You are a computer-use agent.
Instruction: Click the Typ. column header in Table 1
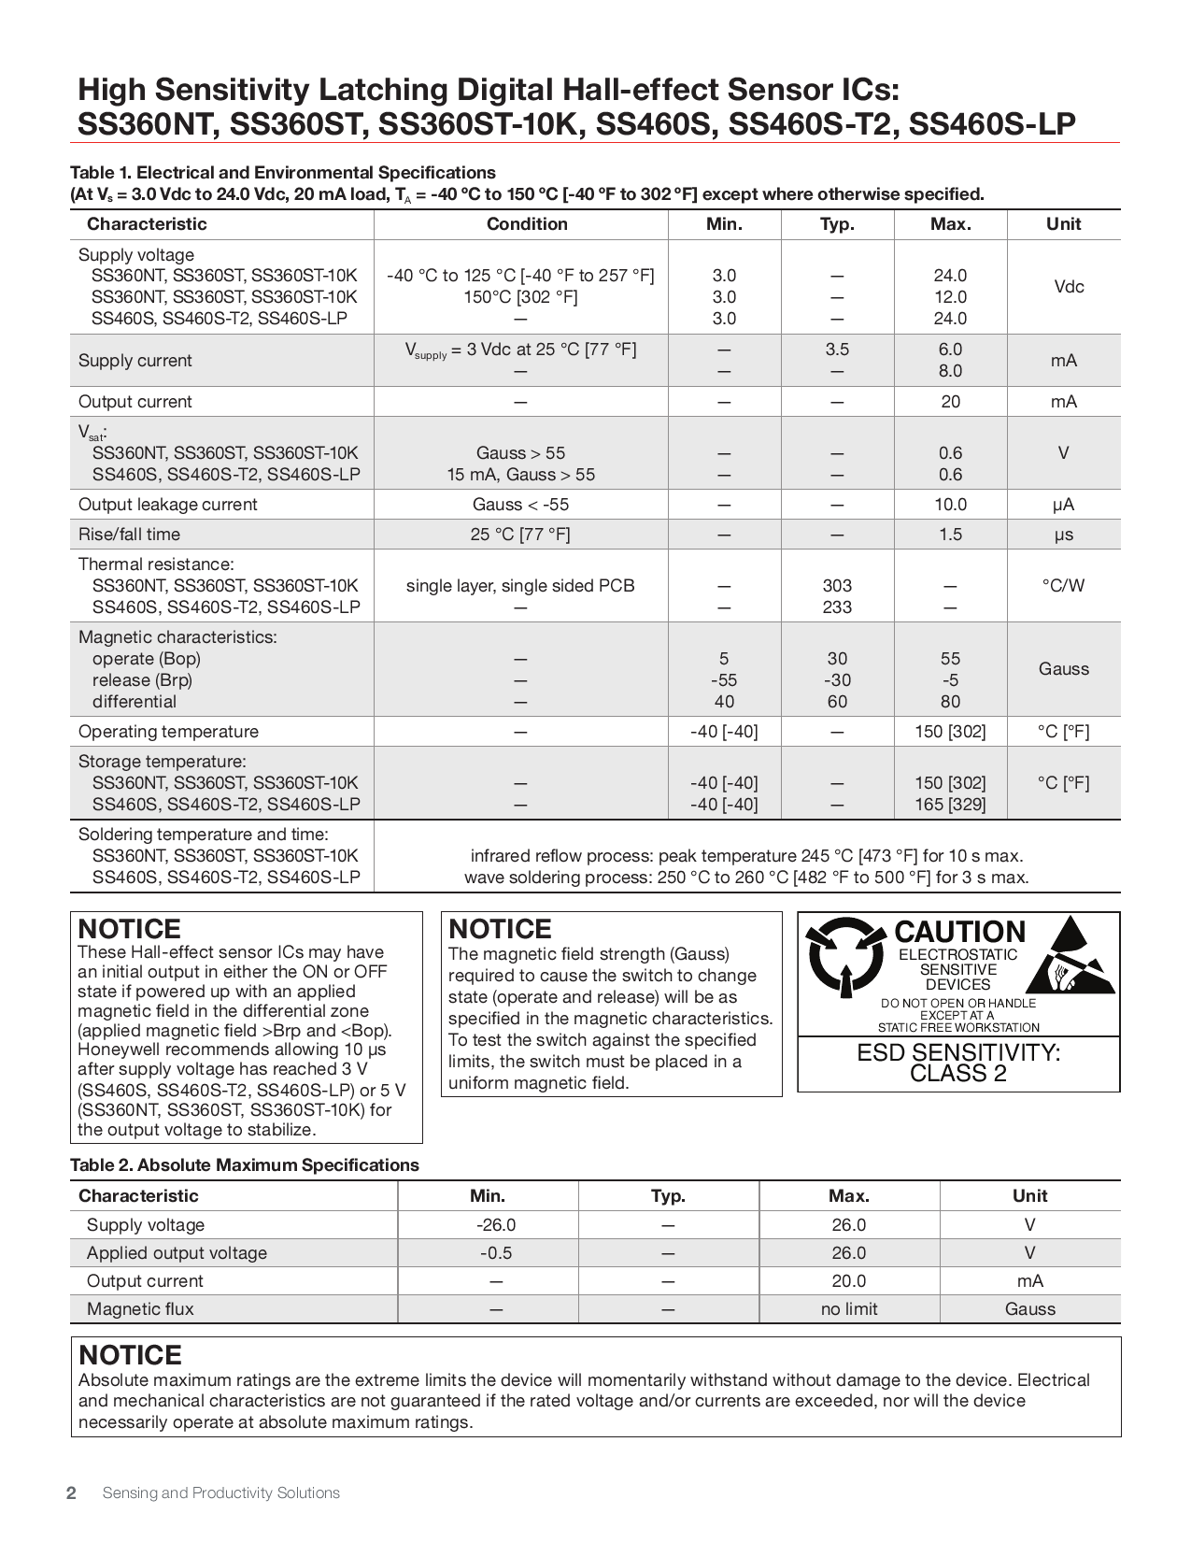837,224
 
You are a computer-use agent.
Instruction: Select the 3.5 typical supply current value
837,350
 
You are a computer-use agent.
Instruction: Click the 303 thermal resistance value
837,586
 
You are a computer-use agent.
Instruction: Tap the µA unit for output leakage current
1063,505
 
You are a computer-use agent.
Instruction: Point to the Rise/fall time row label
129,535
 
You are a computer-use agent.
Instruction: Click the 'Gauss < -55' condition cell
520,505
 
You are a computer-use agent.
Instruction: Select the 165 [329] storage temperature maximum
950,805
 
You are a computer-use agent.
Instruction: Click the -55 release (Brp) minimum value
724,680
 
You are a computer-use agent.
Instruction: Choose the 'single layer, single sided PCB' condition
520,586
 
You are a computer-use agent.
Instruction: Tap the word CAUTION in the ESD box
959,932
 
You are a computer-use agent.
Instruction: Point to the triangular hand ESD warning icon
1072,958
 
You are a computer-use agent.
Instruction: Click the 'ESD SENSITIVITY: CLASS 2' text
958,1064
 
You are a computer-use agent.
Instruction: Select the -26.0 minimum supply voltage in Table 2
496,1225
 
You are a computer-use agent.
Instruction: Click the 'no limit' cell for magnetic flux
849,1309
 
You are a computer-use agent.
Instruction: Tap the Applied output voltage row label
177,1253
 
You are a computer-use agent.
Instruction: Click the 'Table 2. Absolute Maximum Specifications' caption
245,1165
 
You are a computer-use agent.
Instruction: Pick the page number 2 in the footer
71,1492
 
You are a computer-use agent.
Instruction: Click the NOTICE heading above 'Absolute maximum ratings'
130,1355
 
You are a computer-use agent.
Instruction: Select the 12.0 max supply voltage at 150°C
950,297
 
